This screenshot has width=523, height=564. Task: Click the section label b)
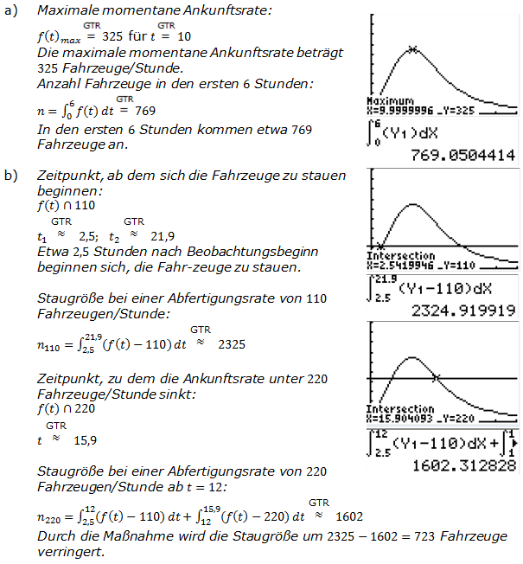[x=11, y=176]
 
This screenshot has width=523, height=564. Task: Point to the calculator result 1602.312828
[x=464, y=465]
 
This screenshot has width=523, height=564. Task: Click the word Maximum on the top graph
[x=390, y=101]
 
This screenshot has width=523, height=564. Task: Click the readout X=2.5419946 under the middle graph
[x=402, y=264]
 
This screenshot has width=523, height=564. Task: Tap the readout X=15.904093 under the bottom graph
[x=403, y=419]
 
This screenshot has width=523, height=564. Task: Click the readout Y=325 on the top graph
[x=469, y=109]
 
